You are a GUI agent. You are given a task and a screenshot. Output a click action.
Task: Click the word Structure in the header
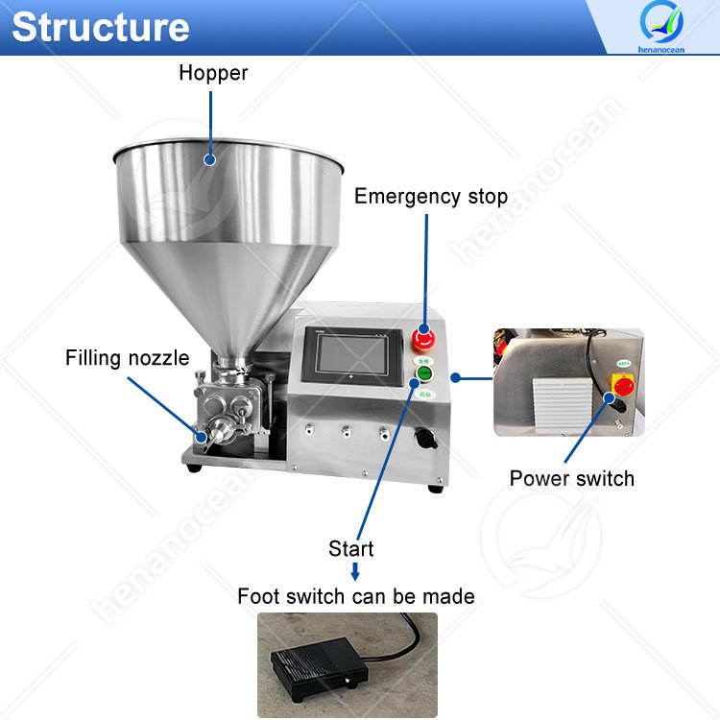coord(100,27)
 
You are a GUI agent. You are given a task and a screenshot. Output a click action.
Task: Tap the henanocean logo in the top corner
coord(660,28)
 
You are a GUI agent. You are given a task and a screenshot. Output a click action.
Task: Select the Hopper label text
coord(213,73)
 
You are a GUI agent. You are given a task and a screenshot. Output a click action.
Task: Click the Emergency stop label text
coord(430,197)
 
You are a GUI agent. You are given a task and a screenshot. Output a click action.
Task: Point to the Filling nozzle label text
coord(127,358)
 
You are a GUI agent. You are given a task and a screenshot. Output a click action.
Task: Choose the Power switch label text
coord(571,477)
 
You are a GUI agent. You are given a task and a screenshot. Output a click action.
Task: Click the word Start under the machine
coord(351,548)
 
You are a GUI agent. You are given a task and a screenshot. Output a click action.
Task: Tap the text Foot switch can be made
coord(356,596)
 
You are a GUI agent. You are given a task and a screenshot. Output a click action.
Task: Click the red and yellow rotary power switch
coord(622,383)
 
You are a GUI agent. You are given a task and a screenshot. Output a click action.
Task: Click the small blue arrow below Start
coord(354,572)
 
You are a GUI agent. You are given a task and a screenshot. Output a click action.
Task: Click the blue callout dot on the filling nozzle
coord(201,437)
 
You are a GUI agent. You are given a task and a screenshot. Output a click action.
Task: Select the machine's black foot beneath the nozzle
coord(194,467)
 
